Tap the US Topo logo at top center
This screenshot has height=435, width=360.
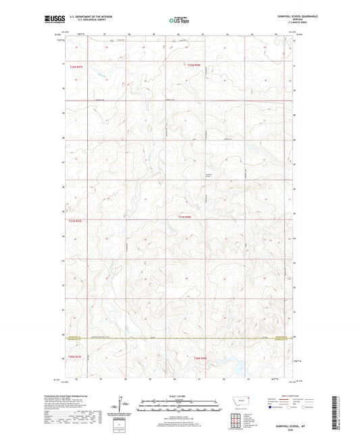tap(179, 20)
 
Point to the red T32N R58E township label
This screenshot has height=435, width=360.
tap(194, 65)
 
